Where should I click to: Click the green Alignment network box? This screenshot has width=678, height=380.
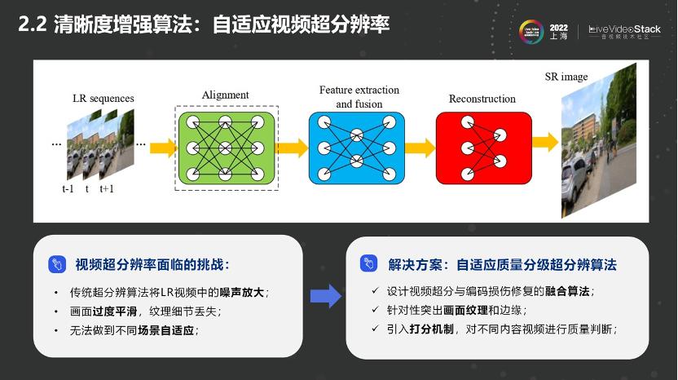(226, 148)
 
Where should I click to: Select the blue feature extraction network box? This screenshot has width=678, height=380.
(356, 148)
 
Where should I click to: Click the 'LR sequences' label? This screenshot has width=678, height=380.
(103, 99)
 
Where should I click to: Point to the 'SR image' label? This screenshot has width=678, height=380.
(566, 77)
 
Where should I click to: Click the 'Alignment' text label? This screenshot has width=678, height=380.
(226, 95)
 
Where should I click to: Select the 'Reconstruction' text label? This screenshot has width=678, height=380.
(482, 99)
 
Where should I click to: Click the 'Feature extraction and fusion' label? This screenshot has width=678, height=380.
(356, 96)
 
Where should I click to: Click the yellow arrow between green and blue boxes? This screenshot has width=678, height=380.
(292, 148)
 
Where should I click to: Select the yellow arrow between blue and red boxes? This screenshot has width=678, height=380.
(420, 148)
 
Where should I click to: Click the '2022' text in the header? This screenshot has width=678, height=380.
(559, 26)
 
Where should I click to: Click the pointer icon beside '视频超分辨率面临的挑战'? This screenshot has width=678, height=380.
(57, 264)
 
